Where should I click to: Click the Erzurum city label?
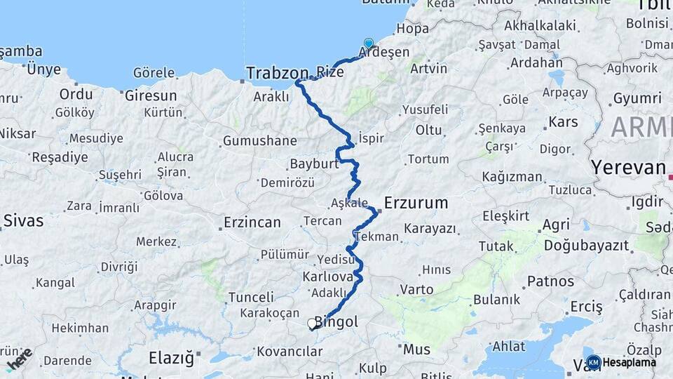pyautogui.click(x=416, y=203)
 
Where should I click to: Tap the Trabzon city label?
pyautogui.click(x=277, y=72)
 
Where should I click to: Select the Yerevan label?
pyautogui.click(x=627, y=168)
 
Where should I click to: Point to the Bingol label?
pyautogui.click(x=336, y=322)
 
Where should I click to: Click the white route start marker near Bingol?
pyautogui.click(x=312, y=324)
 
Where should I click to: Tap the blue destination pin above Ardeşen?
pyautogui.click(x=368, y=44)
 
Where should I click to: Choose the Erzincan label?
pyautogui.click(x=252, y=222)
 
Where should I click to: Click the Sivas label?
pyautogui.click(x=23, y=220)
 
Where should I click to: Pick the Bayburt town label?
pyautogui.click(x=314, y=164)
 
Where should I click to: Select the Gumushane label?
pyautogui.click(x=259, y=141)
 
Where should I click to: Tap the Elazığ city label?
pyautogui.click(x=171, y=358)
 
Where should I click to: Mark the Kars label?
pyautogui.click(x=563, y=122)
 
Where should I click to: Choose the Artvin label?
pyautogui.click(x=428, y=69)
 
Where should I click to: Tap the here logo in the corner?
pyautogui.click(x=19, y=357)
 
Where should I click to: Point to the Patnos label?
pyautogui.click(x=550, y=281)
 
